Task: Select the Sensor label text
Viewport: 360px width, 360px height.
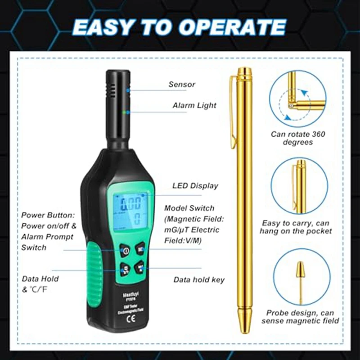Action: click(182, 84)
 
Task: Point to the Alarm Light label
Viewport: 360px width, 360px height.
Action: click(194, 105)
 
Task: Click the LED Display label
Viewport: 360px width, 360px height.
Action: click(195, 185)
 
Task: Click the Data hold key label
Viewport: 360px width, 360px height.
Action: click(199, 280)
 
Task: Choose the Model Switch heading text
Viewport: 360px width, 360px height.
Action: click(189, 208)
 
